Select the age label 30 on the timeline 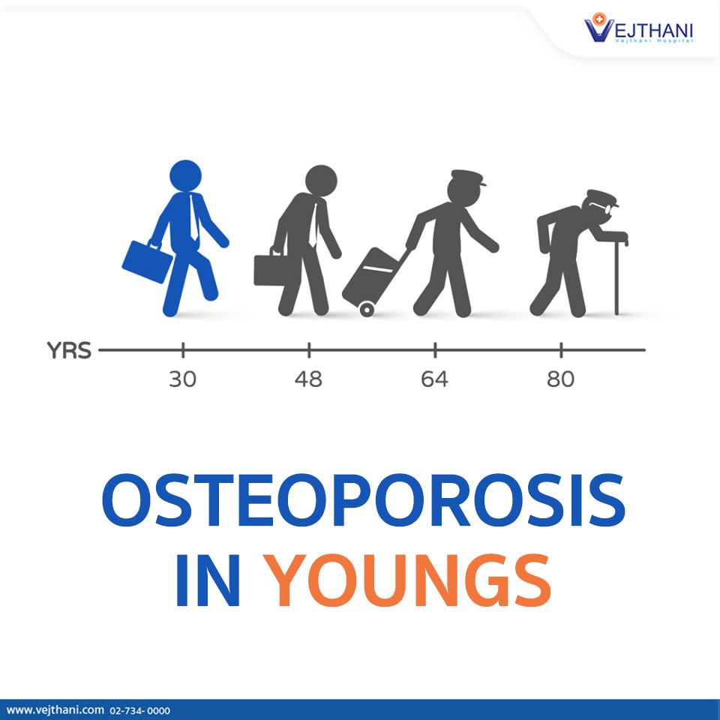182,379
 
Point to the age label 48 308,379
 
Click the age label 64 434,379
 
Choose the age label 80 560,379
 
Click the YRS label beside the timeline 68,351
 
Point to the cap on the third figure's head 466,181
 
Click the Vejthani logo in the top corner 639,30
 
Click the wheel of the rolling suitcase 367,309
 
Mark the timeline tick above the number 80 560,349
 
